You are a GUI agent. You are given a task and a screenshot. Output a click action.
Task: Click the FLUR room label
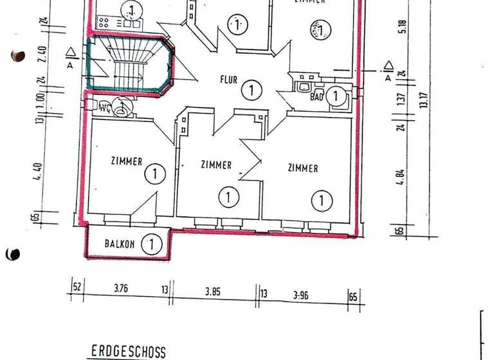tap(228, 81)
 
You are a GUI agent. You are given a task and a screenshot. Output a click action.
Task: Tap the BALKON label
tap(120, 244)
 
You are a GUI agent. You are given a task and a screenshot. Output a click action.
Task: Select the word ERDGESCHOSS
tap(128, 352)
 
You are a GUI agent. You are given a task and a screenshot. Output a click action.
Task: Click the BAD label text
tap(316, 97)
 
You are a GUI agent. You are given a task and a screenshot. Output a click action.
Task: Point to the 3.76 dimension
tap(120, 289)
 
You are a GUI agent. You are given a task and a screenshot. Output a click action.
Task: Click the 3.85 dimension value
tap(213, 291)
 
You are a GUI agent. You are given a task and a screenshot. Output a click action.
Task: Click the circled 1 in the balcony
tap(151, 244)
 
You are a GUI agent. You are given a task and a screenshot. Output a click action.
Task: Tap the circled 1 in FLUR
tap(251, 91)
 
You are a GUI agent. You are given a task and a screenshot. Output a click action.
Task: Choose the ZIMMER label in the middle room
tap(215, 165)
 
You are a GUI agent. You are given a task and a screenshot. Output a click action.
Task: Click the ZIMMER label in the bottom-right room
tap(302, 168)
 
